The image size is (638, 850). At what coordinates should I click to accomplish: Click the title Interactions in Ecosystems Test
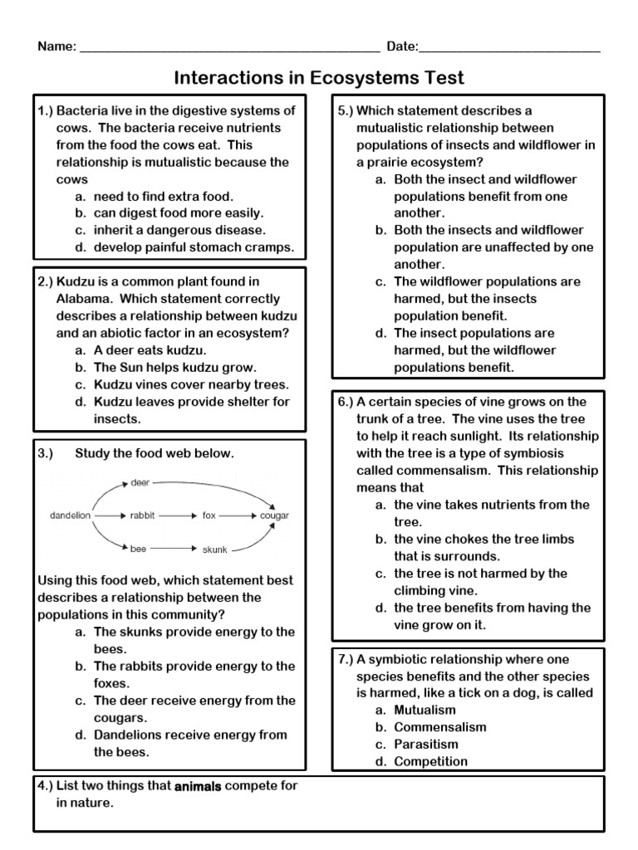(x=319, y=78)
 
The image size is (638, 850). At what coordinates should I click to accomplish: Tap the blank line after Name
(x=228, y=48)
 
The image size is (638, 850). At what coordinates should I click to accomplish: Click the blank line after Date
(x=510, y=48)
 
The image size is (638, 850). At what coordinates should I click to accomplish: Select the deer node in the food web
(x=140, y=482)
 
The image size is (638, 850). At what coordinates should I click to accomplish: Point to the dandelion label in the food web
(x=70, y=515)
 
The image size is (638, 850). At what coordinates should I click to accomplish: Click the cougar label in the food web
(x=274, y=515)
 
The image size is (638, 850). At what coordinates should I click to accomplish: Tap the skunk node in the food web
(x=214, y=549)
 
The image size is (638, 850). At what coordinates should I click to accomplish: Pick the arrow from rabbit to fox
(x=176, y=515)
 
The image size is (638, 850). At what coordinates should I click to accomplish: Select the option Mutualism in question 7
(x=425, y=711)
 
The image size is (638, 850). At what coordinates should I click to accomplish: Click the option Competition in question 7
(x=430, y=762)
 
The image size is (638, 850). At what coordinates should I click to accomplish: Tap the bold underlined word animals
(x=198, y=786)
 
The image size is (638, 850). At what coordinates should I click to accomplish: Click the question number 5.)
(x=346, y=111)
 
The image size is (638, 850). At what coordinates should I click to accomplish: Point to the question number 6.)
(x=346, y=402)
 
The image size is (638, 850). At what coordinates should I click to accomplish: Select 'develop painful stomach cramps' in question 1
(x=194, y=247)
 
